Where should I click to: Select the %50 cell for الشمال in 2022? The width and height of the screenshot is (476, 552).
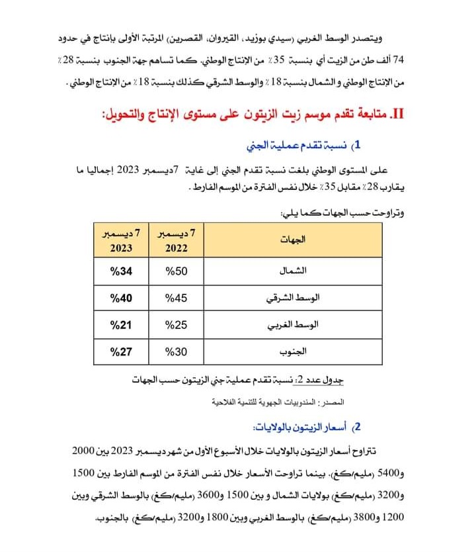[x=177, y=271]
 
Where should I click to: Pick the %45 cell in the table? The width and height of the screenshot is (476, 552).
[x=177, y=299]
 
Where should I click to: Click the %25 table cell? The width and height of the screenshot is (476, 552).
[x=177, y=325]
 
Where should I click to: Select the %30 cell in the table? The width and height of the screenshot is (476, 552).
[x=177, y=351]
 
